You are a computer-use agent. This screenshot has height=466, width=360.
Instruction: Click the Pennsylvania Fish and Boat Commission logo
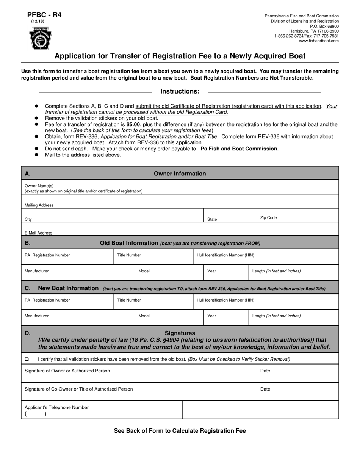point(41,39)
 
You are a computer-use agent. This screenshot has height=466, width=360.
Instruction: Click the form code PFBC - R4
point(44,15)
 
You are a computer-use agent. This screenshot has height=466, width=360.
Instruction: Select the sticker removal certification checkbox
point(27,359)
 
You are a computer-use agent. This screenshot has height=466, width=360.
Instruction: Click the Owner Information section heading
point(180,174)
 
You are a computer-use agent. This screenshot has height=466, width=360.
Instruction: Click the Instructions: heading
point(180,91)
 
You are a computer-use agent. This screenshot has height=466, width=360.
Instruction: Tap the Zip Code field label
point(268,218)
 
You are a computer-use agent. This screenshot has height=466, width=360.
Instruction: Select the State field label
point(212,219)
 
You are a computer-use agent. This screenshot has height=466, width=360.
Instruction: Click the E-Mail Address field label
point(38,233)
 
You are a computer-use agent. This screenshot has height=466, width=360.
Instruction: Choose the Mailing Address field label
point(39,205)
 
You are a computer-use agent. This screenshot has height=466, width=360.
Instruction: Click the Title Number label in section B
point(129,255)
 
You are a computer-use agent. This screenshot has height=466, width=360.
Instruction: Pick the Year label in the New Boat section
point(211,316)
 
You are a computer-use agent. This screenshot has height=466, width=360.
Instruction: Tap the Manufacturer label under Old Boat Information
point(36,271)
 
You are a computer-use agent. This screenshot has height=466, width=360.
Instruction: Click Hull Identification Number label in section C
point(225,300)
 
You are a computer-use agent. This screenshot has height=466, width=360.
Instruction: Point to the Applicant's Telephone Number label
point(56,407)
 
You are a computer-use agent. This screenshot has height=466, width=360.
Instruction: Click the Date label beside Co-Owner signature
point(265,389)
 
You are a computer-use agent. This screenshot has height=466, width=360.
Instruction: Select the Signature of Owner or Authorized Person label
point(67,371)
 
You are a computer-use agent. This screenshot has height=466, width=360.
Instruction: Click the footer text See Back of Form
point(180,431)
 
